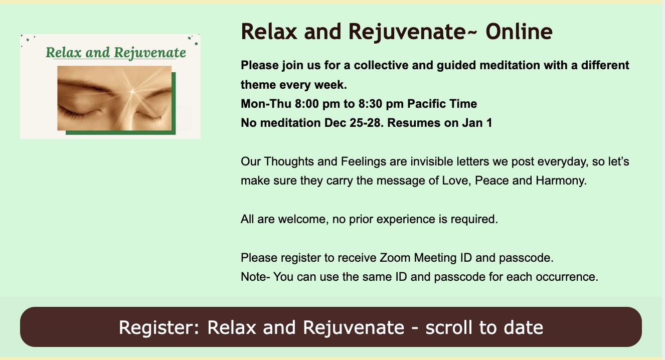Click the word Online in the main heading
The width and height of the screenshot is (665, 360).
pyautogui.click(x=519, y=32)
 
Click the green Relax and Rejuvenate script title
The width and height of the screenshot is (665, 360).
pyautogui.click(x=116, y=53)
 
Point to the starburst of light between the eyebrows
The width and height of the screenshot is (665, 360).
pyautogui.click(x=132, y=91)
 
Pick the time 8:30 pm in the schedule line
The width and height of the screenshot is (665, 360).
pyautogui.click(x=381, y=104)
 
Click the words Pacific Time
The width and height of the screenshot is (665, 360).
pyautogui.click(x=442, y=104)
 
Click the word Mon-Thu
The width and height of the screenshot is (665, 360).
pyautogui.click(x=266, y=104)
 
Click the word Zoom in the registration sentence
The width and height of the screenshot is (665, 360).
pyautogui.click(x=395, y=258)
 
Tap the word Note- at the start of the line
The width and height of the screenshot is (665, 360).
pyautogui.click(x=255, y=277)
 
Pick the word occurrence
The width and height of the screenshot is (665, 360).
pyautogui.click(x=567, y=277)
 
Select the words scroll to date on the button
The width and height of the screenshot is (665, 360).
pyautogui.click(x=484, y=327)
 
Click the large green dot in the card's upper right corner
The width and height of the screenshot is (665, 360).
pyautogui.click(x=196, y=44)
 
